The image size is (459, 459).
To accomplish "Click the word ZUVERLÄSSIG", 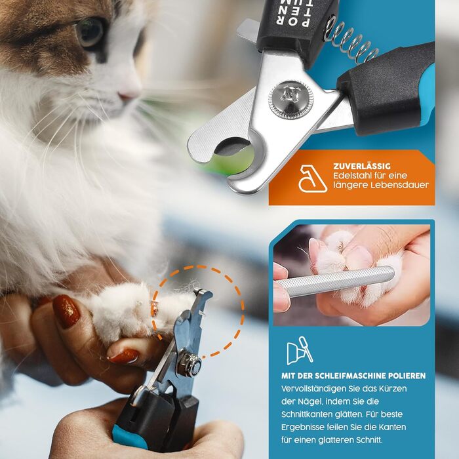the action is click(362, 166).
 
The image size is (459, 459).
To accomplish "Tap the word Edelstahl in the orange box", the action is click(350, 176).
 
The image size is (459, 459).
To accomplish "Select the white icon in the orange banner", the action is click(312, 178).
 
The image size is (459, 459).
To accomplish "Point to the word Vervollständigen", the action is click(314, 389).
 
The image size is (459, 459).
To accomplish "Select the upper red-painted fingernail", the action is click(66, 311).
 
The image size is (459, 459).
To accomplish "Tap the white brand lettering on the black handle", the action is click(292, 12).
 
